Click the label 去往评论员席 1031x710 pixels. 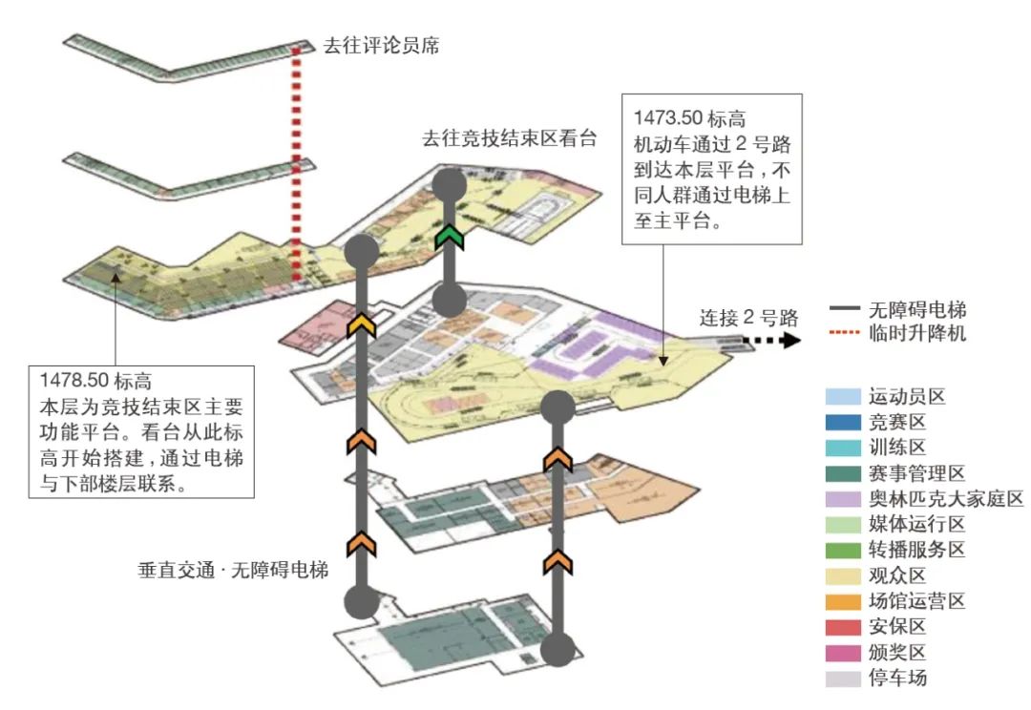tap(381, 45)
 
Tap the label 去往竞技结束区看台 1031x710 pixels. tap(509, 138)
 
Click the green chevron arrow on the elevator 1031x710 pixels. tap(449, 237)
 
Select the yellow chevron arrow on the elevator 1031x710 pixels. tap(361, 325)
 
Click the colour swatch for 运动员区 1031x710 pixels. tap(843, 396)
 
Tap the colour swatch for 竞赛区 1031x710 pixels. tap(843, 422)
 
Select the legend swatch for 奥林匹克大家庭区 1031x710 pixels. tap(843, 499)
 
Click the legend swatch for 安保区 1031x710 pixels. tap(843, 627)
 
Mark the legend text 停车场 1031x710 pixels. tap(897, 679)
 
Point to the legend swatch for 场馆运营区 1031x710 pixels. tap(843, 601)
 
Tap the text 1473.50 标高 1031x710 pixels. tap(688, 118)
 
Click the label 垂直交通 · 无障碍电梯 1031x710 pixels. tap(233, 571)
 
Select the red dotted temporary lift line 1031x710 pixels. tap(297, 162)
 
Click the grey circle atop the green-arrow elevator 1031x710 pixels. tap(449, 183)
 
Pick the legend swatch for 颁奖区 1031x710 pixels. tap(843, 653)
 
